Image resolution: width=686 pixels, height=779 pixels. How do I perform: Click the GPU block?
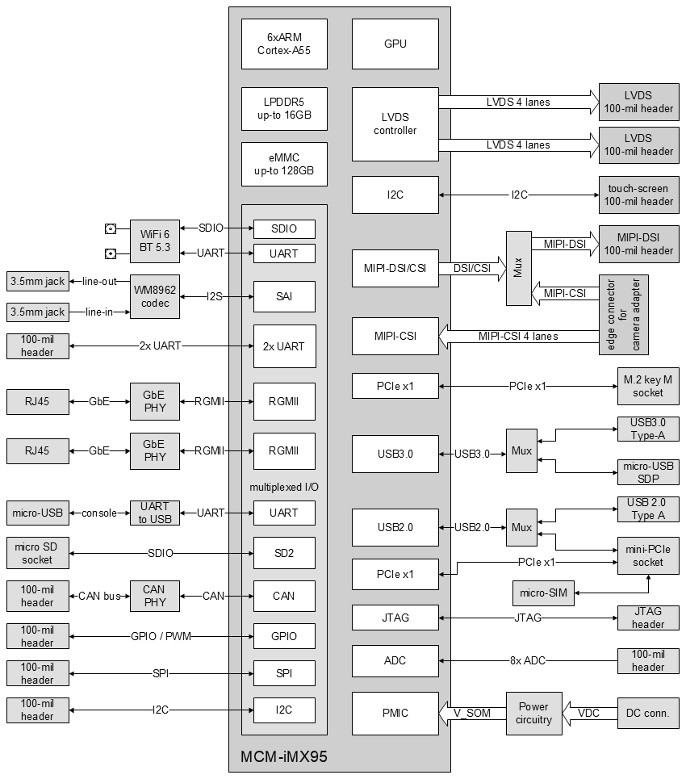[395, 44]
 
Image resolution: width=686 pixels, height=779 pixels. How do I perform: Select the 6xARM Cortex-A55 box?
[284, 44]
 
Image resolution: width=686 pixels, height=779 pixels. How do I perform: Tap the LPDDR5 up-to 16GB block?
[284, 108]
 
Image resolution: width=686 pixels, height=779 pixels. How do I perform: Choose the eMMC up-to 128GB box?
[284, 165]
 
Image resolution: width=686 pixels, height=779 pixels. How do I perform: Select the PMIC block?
[395, 713]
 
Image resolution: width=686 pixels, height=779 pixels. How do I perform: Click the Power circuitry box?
[533, 713]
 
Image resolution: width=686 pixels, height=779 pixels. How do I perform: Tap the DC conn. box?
[648, 713]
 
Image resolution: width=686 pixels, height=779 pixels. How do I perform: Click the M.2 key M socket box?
[643, 386]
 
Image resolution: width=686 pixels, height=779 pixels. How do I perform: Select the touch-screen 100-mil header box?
[638, 195]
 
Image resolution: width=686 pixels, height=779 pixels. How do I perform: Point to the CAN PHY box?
[154, 596]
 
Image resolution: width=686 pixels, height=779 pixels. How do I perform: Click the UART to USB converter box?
[154, 513]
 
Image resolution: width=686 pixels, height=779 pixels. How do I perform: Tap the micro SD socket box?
[37, 553]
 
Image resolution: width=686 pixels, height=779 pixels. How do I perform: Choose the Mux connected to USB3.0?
[521, 451]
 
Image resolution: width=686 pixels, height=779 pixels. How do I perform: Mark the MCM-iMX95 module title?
[284, 757]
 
